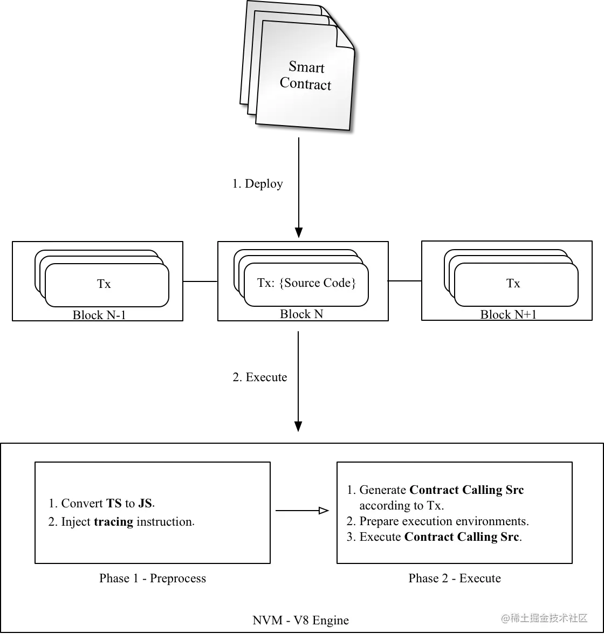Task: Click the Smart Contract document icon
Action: click(x=305, y=75)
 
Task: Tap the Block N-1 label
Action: click(x=99, y=315)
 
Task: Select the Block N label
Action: click(x=301, y=314)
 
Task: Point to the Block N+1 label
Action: click(x=509, y=315)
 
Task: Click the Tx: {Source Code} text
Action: click(x=306, y=284)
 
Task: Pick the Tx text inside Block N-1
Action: click(x=104, y=284)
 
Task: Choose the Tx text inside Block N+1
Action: click(x=513, y=284)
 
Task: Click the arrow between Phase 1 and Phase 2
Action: click(x=302, y=511)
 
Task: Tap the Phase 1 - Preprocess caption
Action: click(x=153, y=579)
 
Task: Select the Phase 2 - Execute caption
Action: click(x=455, y=579)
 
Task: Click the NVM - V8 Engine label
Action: click(x=300, y=621)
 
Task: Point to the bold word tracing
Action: click(x=113, y=522)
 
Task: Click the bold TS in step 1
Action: click(x=114, y=504)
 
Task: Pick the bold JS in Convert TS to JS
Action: click(x=145, y=504)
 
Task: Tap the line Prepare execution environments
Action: click(x=444, y=521)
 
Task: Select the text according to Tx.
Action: click(x=402, y=506)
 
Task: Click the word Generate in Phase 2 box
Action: click(x=382, y=490)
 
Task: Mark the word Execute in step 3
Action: click(x=380, y=537)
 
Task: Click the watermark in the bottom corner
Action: click(x=544, y=618)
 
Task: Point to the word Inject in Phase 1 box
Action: click(x=75, y=522)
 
